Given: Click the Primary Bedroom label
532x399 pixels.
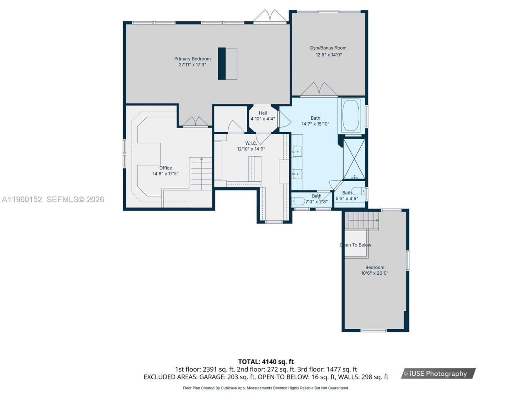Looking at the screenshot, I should pos(192,59).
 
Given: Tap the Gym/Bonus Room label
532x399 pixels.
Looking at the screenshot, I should pos(328,48).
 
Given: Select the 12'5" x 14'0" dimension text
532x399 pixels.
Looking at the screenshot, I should pos(328,54).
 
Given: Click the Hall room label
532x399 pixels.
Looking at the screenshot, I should pos(263,113).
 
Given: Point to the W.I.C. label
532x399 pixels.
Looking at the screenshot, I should pos(251,143).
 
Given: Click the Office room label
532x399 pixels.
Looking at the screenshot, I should pos(165,168).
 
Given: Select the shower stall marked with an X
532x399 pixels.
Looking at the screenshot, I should pos(354,158).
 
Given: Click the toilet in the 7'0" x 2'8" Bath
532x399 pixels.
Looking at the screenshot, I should pos(298,202).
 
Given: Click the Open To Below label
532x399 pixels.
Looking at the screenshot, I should pos(356,245).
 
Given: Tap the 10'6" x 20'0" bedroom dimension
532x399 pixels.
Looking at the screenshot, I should pos(374,273).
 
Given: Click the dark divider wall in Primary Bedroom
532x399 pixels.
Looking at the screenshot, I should pos(222,64).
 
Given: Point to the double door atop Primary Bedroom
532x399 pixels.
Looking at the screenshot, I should pos(271,16).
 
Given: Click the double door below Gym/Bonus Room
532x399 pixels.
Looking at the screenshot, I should pos(319,90).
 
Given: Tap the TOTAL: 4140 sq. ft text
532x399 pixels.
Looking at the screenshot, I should pos(266,362).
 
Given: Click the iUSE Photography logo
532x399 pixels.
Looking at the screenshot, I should pos(438,373).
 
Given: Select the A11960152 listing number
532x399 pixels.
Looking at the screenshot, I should pos(22,199).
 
